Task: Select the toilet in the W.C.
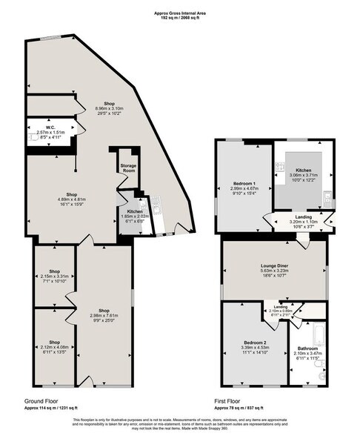click(33, 137)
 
